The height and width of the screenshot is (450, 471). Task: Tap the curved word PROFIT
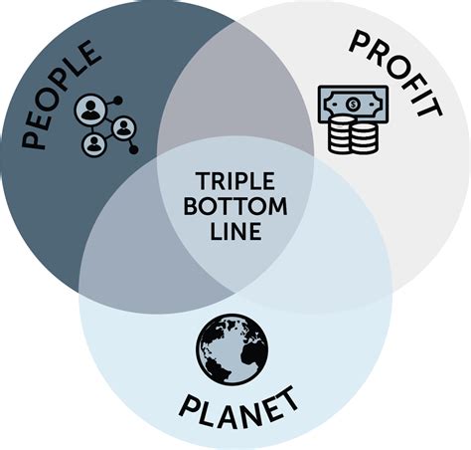[396, 73]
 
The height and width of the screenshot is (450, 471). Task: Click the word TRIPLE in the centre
[235, 181]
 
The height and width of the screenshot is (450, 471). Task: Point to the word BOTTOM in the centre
[235, 206]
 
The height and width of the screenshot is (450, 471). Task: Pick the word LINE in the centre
[235, 231]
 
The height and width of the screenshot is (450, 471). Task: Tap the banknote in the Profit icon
[353, 104]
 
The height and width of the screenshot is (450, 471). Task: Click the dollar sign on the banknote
[353, 104]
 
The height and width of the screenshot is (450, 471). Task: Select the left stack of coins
[339, 134]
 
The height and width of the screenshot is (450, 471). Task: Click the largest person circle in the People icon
[90, 110]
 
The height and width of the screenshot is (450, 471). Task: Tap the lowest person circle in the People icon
[94, 144]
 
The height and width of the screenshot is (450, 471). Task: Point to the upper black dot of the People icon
[118, 101]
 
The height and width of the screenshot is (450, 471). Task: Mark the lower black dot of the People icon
[133, 149]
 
